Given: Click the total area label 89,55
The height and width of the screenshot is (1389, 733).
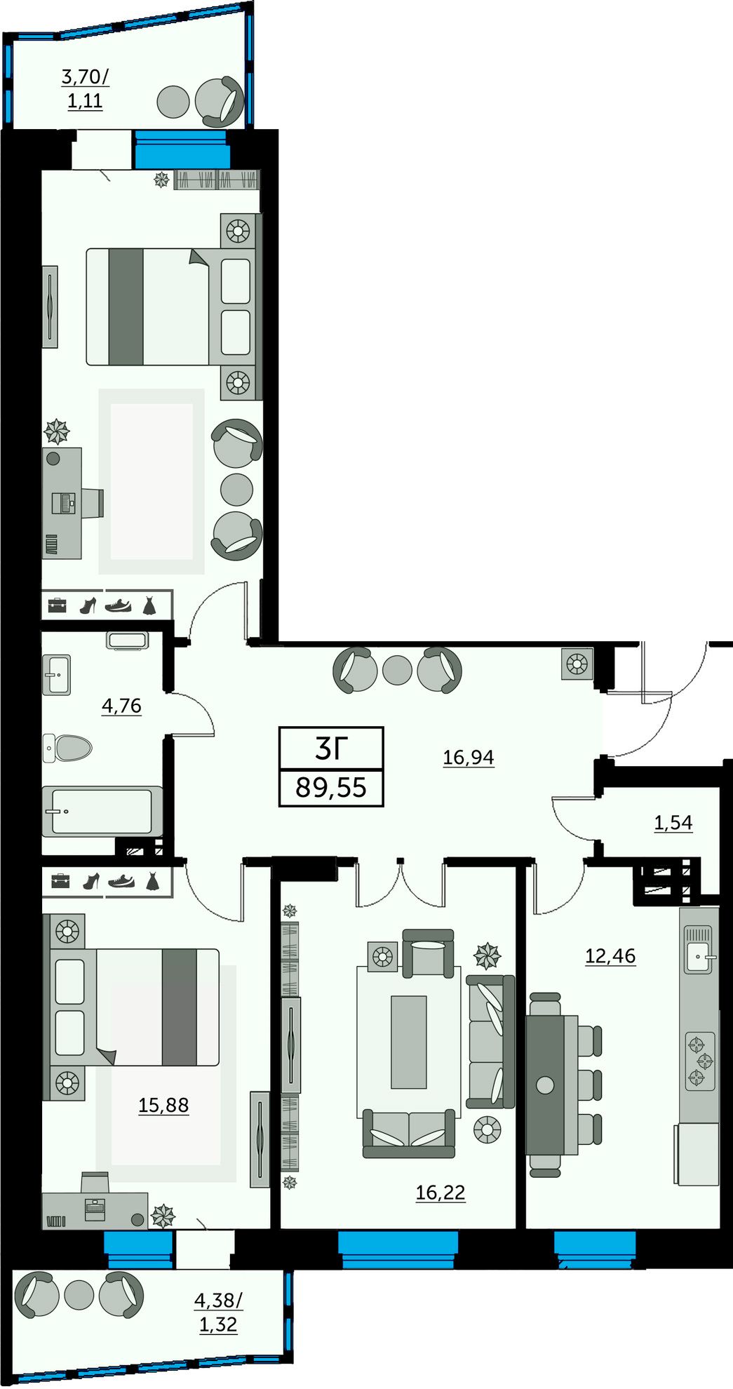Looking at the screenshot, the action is coord(331,787).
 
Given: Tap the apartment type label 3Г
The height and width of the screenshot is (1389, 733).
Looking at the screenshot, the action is coord(331,749).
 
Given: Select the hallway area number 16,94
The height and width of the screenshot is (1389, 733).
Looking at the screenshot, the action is coord(469,757).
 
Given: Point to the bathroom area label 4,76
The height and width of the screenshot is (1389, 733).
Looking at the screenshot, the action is coord(122,706).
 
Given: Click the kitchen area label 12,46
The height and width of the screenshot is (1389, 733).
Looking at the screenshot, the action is coord(611,955).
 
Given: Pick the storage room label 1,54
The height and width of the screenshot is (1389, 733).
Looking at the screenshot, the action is coord(673,822).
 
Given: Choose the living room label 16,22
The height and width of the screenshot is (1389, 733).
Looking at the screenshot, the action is coord(441,1192).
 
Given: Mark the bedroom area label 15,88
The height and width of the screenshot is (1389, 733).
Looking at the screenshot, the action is coord(163,1105).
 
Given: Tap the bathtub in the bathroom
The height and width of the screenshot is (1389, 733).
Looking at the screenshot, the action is coord(102,812).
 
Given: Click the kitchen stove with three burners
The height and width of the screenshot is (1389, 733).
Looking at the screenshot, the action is coord(700,1061).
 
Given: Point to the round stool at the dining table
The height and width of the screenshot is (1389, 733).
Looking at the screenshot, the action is coord(545,1085).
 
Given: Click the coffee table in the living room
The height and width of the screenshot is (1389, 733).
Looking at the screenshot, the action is coord(408,1042).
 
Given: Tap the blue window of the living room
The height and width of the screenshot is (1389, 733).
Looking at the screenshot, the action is coord(398,1249).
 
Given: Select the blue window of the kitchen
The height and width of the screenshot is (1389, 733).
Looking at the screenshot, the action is coord(595,1249).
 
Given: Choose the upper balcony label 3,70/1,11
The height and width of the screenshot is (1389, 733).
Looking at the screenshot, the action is coord(86,88).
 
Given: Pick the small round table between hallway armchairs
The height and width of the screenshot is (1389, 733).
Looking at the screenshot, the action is coord(398,670).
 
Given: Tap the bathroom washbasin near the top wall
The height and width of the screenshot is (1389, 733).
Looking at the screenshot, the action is coord(127,640).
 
